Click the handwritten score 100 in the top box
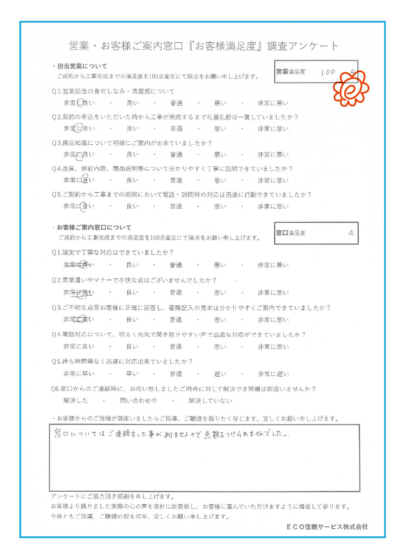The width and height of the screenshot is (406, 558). (x=328, y=72)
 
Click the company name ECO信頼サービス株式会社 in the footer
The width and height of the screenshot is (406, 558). (x=327, y=526)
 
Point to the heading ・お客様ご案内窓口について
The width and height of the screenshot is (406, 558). (x=92, y=227)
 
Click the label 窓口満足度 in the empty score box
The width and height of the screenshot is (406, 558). (x=291, y=233)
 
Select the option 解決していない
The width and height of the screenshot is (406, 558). (x=210, y=401)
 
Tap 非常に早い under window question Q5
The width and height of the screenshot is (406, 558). (x=79, y=374)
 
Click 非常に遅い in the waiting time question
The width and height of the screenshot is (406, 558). (x=273, y=374)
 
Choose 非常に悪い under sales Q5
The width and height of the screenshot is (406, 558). (x=273, y=207)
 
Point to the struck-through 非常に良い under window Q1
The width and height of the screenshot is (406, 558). (x=79, y=265)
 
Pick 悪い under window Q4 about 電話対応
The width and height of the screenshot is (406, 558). (x=220, y=346)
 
